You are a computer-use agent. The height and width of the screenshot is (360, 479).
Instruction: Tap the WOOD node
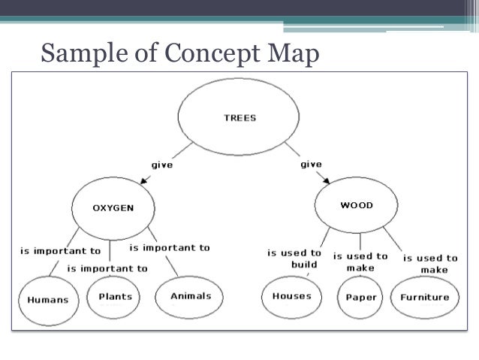[x=357, y=204]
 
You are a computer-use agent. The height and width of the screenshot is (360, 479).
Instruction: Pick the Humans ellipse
[x=47, y=299]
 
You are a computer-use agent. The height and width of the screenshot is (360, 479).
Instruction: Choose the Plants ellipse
[x=116, y=295]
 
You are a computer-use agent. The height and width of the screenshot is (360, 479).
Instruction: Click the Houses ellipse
[x=291, y=296]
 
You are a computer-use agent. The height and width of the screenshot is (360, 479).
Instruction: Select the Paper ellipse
[x=360, y=298]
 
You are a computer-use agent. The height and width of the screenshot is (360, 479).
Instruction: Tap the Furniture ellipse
[x=424, y=297]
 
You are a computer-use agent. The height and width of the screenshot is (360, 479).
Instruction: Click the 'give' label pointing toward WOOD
[x=311, y=164]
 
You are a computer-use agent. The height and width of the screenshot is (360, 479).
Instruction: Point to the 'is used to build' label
[x=294, y=259]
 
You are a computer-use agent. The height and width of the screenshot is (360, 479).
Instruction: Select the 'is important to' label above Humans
[x=59, y=251]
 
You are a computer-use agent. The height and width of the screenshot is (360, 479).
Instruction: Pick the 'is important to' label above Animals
[x=170, y=247]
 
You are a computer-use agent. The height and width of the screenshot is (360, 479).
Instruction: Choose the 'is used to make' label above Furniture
[x=429, y=264]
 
